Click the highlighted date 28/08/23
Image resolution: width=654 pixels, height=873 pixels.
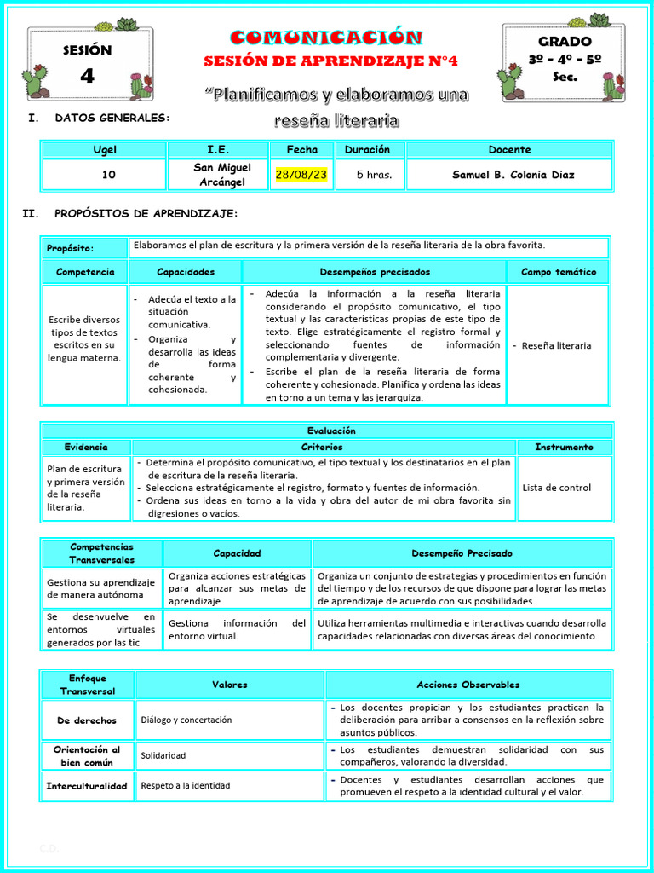pos(301,175)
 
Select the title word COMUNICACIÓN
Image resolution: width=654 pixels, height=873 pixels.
pos(326,38)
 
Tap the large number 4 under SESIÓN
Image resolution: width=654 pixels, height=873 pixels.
pos(87,76)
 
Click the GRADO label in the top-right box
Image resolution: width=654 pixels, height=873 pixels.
pos(564,41)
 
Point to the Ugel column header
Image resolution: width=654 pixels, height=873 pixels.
pos(105,150)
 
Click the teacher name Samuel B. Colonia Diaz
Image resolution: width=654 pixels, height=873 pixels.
pos(513,175)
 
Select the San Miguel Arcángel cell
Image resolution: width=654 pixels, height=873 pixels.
pos(221,175)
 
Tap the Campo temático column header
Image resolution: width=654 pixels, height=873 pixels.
pos(558,272)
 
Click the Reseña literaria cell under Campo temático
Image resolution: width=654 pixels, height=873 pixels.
pos(556,345)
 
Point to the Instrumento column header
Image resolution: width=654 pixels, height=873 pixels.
pos(564,447)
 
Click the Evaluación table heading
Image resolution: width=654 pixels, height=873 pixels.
pos(331,431)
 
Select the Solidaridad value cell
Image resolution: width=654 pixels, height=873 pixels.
pos(163,756)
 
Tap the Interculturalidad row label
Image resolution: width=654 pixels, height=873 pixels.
pos(86,786)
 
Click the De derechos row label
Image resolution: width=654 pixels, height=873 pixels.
pos(86,720)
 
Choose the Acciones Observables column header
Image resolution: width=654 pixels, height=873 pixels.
pos(468,685)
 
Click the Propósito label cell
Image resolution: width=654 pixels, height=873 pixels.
pos(71,248)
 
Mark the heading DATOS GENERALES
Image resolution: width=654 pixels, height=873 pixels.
pos(112,118)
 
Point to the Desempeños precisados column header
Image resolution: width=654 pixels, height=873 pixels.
pos(375,272)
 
